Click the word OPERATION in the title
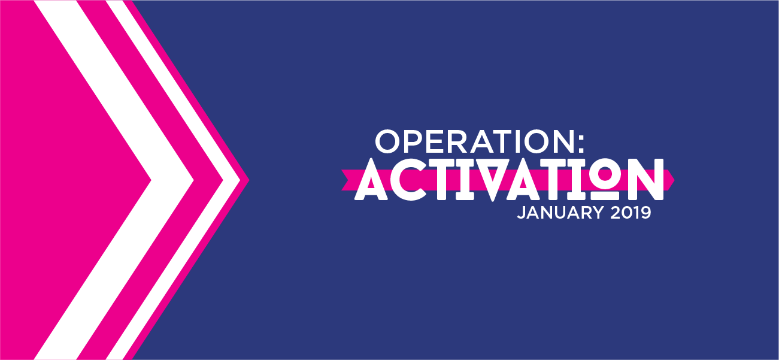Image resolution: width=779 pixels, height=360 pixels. coord(474,141)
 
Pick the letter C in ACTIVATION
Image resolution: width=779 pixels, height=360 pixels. coord(408,180)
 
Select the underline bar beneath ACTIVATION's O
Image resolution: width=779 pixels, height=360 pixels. coord(605,195)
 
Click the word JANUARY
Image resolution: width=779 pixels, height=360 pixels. coord(560,212)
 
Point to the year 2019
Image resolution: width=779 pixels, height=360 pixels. coord(630,212)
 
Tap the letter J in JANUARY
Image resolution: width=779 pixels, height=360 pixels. coord(520,213)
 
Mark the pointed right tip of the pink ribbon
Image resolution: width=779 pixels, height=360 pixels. coord(674,180)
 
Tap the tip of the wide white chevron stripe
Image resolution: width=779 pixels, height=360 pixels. coord(193,180)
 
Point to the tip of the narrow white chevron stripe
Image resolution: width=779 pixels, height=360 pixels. coord(240,180)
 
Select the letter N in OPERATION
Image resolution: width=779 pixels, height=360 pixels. coord(563,141)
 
